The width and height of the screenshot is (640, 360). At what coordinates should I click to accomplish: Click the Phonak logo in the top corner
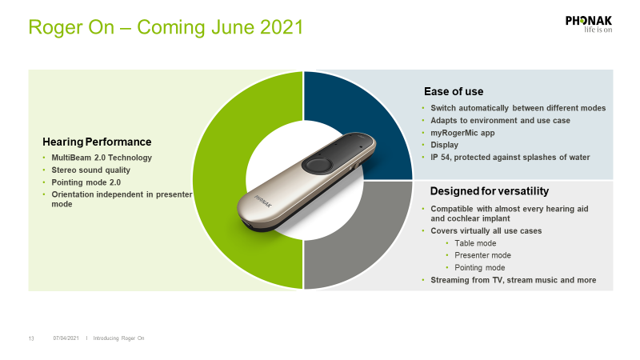click(x=589, y=24)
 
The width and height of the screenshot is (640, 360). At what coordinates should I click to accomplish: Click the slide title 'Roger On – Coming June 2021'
click(x=166, y=27)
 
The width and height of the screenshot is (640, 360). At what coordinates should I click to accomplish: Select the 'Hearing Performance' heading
click(x=97, y=142)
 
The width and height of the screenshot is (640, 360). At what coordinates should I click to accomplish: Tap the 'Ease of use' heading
click(x=454, y=91)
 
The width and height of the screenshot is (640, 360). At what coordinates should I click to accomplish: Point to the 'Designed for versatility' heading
click(x=490, y=191)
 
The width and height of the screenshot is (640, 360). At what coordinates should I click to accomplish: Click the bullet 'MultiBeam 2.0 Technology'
click(x=102, y=158)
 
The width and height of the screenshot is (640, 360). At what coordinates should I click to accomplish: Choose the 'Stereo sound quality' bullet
click(x=90, y=170)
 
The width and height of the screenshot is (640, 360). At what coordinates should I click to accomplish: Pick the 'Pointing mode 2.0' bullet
click(x=86, y=182)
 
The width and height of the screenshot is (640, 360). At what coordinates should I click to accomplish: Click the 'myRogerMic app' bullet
click(x=462, y=133)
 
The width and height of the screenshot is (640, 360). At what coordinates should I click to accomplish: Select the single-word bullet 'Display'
click(x=444, y=145)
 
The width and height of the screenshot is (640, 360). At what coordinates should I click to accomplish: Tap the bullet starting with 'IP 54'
click(x=510, y=157)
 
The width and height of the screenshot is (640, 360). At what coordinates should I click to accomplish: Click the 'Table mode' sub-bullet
click(x=475, y=243)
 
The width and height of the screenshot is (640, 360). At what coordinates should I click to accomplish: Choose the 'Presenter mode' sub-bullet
click(x=482, y=255)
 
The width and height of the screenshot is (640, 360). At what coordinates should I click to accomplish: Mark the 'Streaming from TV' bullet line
click(x=513, y=280)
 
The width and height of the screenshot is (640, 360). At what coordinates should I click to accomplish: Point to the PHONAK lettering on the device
click(x=262, y=202)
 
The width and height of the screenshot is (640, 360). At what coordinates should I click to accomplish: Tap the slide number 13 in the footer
click(x=31, y=338)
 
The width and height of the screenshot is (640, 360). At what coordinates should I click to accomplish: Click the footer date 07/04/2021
click(x=66, y=338)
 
